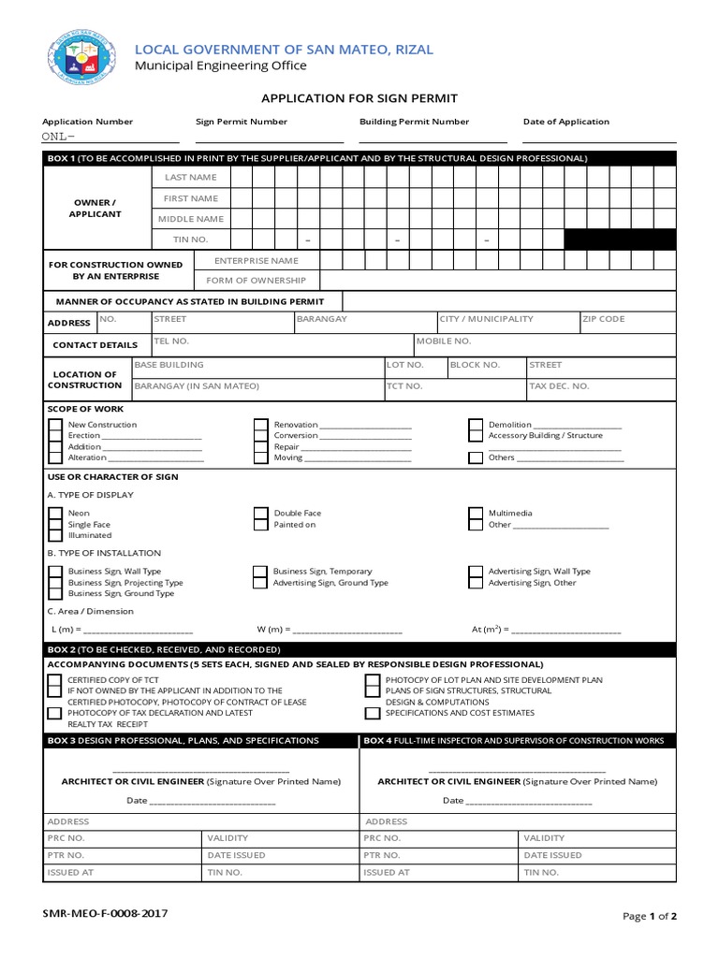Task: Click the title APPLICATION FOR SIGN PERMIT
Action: [x=359, y=97]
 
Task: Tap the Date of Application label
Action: [x=565, y=122]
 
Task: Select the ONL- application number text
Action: [x=58, y=137]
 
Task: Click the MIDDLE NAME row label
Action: [x=190, y=219]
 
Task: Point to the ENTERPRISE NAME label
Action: [x=257, y=261]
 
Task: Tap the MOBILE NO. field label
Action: [x=443, y=341]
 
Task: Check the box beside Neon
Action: [x=55, y=514]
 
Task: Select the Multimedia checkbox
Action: [x=476, y=514]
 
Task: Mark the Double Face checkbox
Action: [x=261, y=514]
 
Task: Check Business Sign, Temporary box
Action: [x=260, y=571]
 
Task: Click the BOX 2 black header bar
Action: [x=359, y=648]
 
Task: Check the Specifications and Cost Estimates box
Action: [x=373, y=713]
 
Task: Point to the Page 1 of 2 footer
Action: [x=649, y=916]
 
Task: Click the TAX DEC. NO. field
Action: [x=599, y=385]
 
